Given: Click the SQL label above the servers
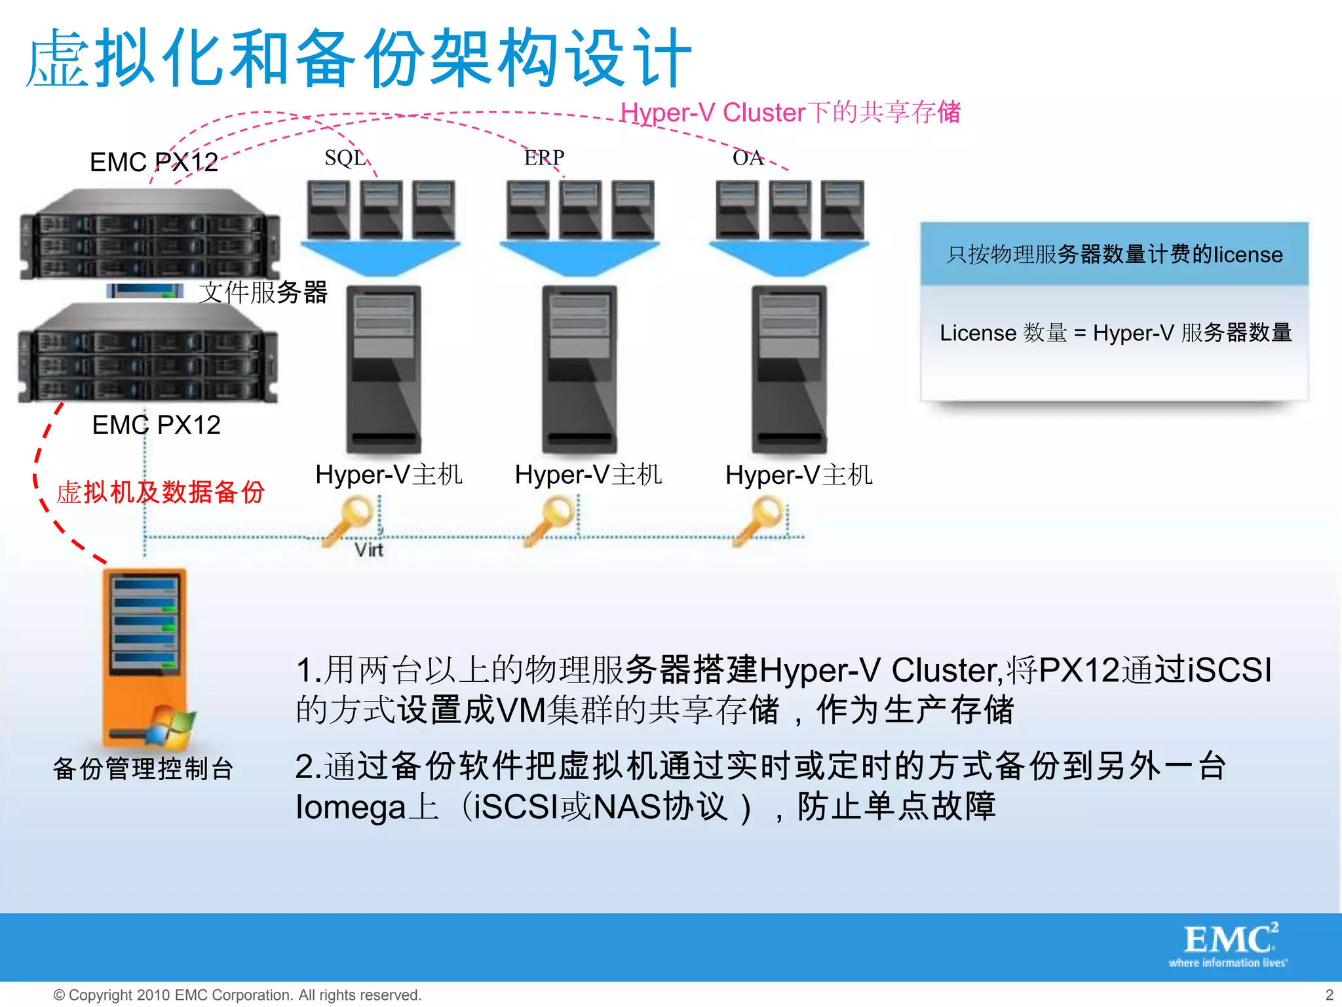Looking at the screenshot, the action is (x=345, y=158).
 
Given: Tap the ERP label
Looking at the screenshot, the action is (x=544, y=157).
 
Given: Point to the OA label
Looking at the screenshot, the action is (x=748, y=157).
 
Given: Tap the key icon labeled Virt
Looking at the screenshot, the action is (x=349, y=519).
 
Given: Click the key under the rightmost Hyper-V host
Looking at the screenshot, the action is (x=760, y=519).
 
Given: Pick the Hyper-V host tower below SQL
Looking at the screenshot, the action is (x=383, y=369).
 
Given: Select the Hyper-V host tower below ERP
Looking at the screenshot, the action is (x=580, y=369).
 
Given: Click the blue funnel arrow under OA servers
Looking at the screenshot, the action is (x=789, y=258).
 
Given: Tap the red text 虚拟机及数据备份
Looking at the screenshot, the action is (x=161, y=492).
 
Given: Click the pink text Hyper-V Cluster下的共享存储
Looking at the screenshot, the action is (x=790, y=112).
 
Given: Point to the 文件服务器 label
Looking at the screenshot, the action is (x=263, y=292).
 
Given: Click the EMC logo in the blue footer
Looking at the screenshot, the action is (x=1229, y=943).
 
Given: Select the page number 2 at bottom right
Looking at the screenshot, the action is (x=1329, y=995).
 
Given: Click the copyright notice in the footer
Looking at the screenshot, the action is (x=237, y=995).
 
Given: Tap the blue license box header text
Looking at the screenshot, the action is (x=1114, y=254).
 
